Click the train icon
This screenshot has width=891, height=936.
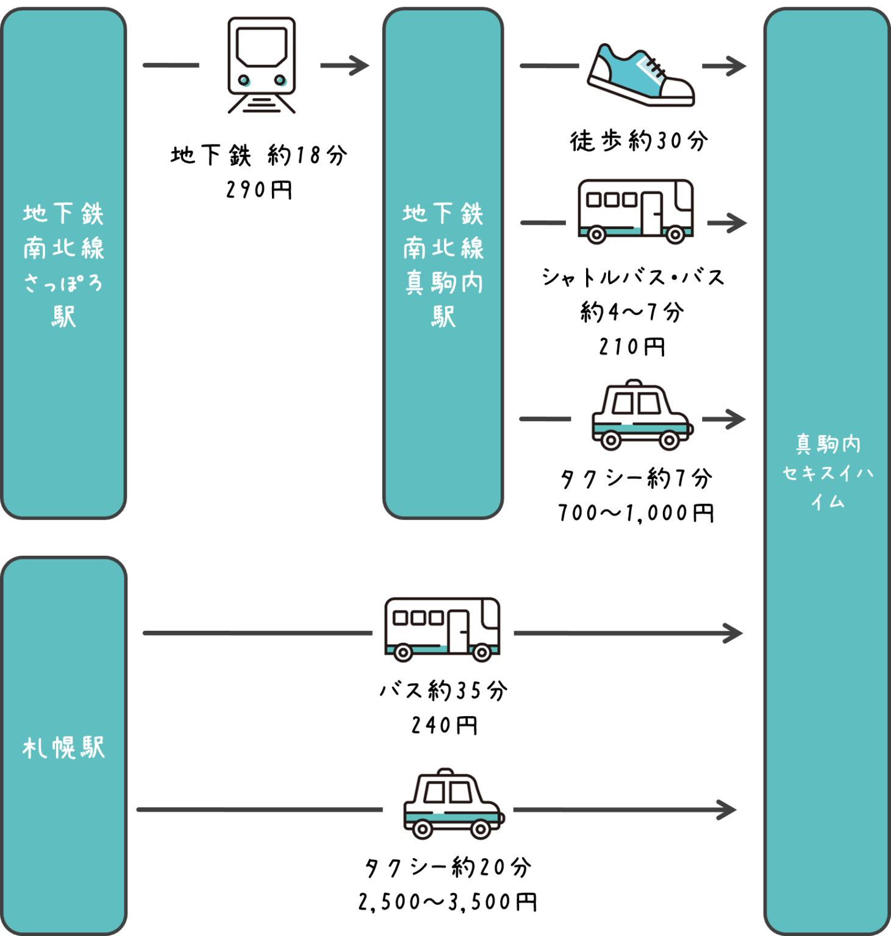[x=260, y=65]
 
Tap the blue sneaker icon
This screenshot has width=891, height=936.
[x=640, y=74]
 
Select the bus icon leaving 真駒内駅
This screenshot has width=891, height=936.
[x=635, y=211]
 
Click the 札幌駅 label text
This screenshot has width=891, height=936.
[x=63, y=748]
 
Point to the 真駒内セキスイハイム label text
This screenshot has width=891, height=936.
[x=828, y=472]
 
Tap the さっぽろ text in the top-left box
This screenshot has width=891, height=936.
[x=63, y=283]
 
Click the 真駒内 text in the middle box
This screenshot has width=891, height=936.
[x=443, y=283]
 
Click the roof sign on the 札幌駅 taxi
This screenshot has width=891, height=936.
[x=446, y=771]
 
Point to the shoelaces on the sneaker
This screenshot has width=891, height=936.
[x=654, y=66]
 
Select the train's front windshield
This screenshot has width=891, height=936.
[x=262, y=46]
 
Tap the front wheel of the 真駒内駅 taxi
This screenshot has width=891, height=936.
[x=668, y=440]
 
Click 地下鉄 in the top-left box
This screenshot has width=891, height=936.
[x=63, y=213]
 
